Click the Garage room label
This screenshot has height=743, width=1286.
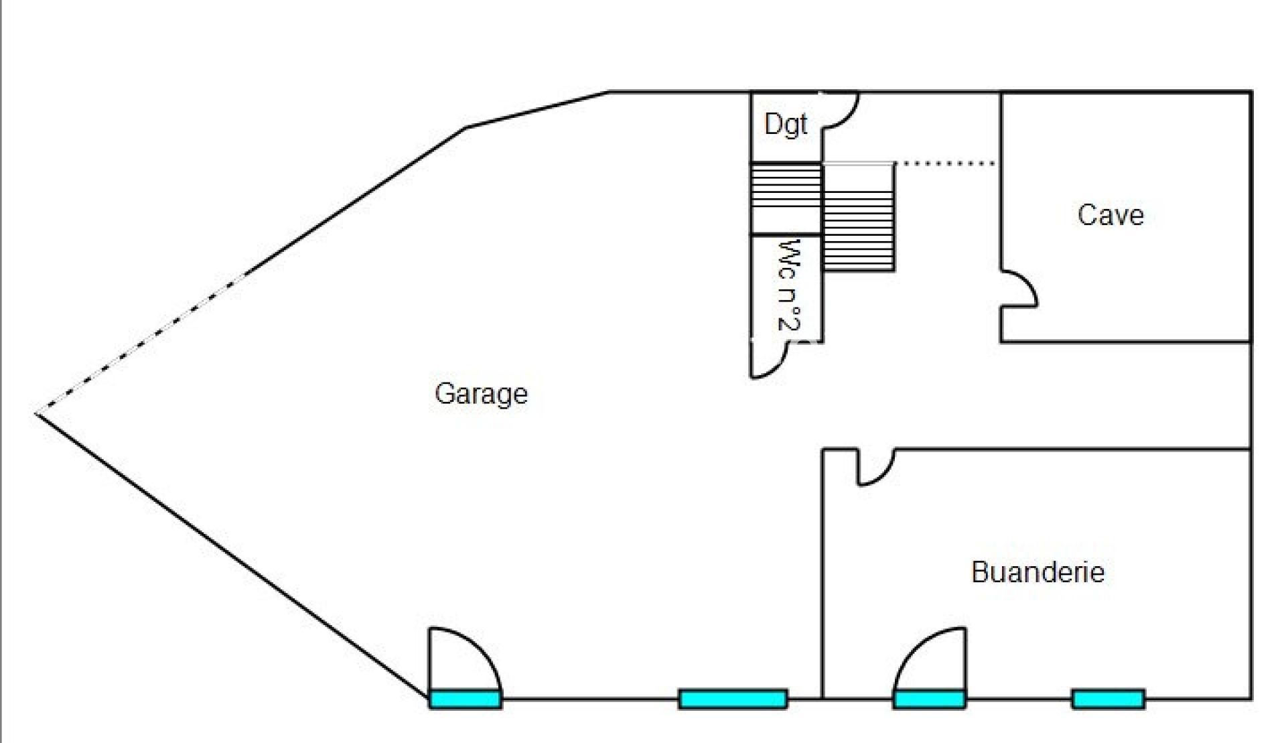click(x=481, y=394)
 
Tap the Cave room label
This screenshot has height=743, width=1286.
click(x=1111, y=215)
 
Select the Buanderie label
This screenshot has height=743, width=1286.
click(x=1038, y=572)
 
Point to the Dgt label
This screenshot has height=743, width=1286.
click(x=786, y=125)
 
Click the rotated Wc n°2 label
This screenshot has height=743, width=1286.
click(x=789, y=285)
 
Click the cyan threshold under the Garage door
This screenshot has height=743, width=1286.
click(x=465, y=699)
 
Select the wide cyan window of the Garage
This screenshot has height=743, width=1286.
click(x=733, y=699)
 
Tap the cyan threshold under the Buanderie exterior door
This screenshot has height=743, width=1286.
click(x=930, y=699)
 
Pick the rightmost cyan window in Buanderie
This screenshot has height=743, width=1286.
click(x=1109, y=699)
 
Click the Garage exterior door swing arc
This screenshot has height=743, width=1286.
click(x=465, y=659)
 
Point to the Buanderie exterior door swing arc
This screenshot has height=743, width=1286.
click(x=930, y=659)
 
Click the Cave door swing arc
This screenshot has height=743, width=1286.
click(x=1019, y=289)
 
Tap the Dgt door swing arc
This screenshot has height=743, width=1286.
click(x=840, y=110)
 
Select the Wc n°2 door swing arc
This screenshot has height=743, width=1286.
click(x=770, y=360)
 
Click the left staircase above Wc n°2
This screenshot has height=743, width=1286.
click(x=786, y=199)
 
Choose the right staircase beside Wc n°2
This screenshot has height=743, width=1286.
click(x=859, y=218)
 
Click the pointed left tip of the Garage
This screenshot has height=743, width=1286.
click(x=36, y=413)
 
